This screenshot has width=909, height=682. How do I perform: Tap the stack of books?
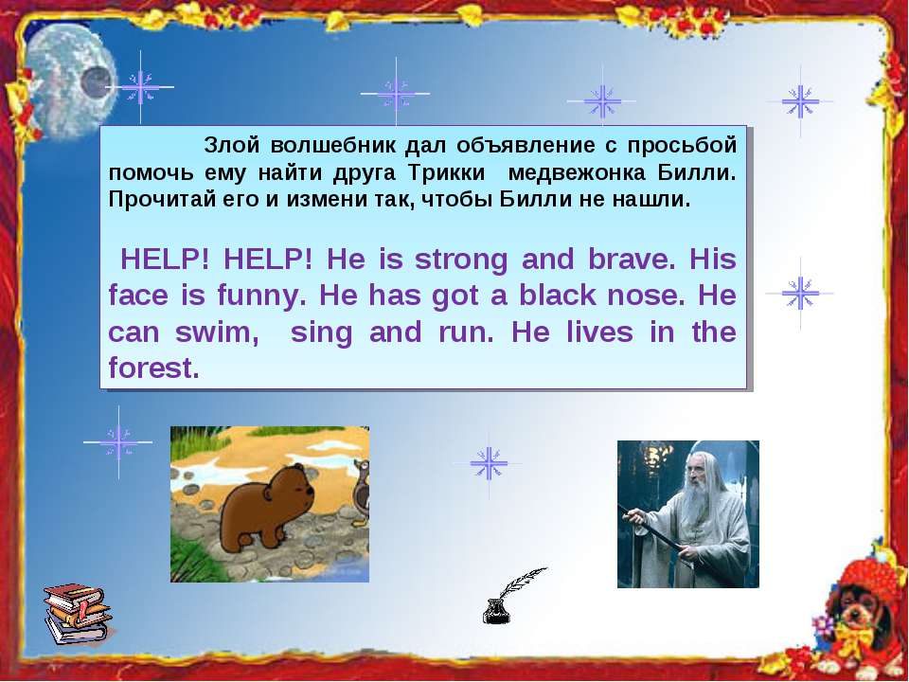(x=77, y=614)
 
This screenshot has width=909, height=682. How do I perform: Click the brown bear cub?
(x=267, y=508)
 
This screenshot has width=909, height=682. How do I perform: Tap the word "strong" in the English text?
(x=461, y=260)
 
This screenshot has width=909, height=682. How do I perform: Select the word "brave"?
(x=632, y=260)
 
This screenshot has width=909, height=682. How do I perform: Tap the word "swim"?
(x=217, y=333)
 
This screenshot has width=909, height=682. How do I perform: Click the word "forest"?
(x=153, y=368)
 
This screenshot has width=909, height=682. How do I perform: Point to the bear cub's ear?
(x=268, y=493)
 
